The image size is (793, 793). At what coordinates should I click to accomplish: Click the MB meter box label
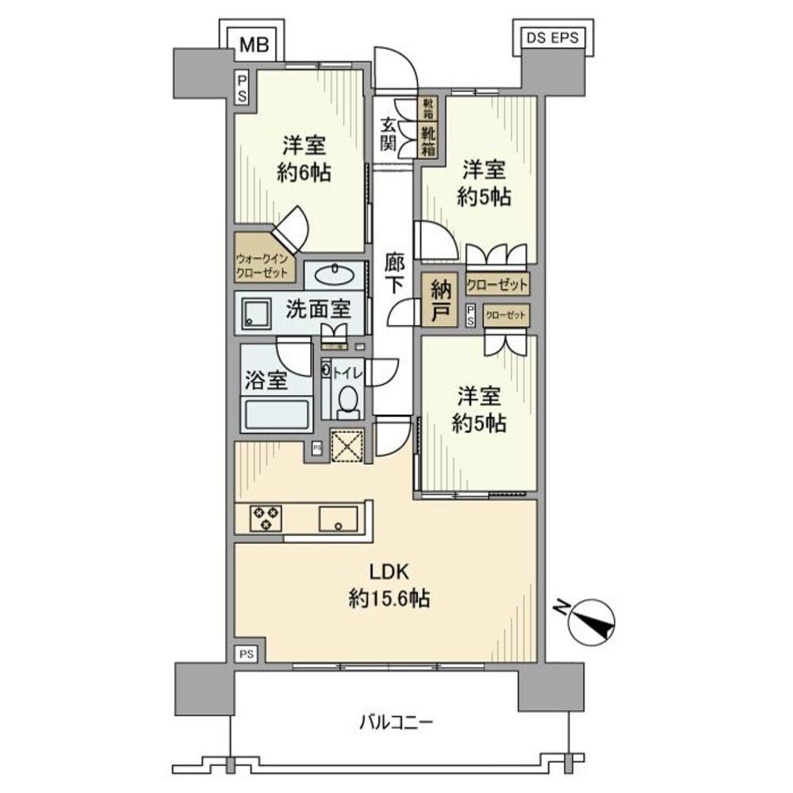tap(255, 45)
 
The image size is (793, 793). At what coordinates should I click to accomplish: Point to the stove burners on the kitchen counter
tap(264, 518)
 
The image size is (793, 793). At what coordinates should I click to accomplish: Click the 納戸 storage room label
tap(440, 301)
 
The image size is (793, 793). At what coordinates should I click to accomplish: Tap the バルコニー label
tap(395, 722)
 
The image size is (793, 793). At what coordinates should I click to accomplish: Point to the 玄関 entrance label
tap(388, 133)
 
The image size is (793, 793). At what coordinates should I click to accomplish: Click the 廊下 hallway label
tap(393, 272)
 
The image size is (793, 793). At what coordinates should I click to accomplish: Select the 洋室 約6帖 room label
tap(305, 158)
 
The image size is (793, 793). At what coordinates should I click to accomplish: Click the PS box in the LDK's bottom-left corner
tap(247, 653)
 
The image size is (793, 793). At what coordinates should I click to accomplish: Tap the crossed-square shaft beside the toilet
tap(347, 444)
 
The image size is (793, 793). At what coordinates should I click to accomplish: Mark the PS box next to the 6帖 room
tap(241, 88)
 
